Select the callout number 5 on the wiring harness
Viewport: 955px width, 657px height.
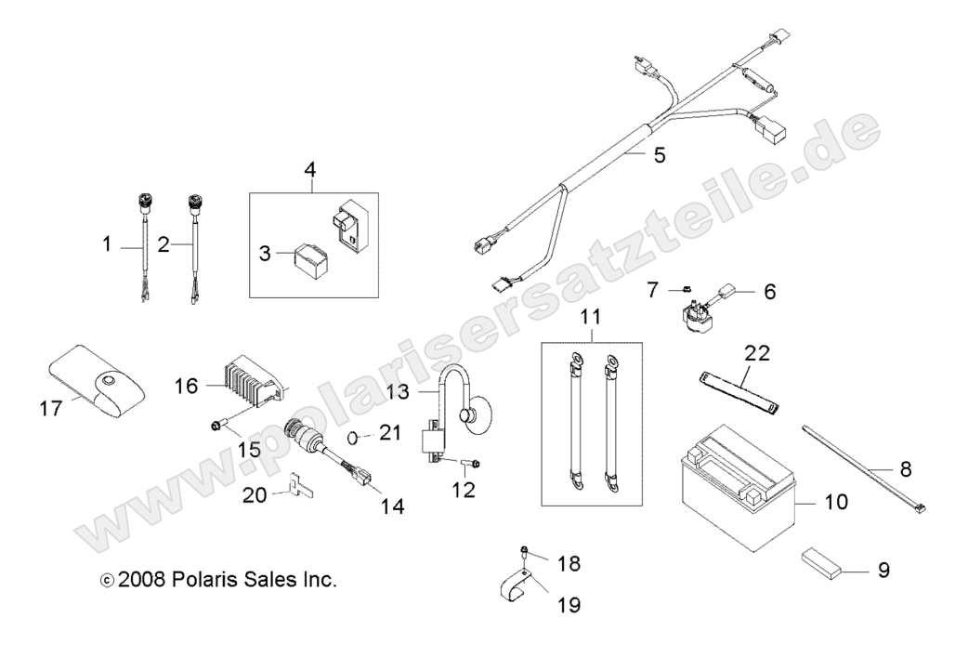click(685, 154)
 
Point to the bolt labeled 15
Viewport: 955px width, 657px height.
click(219, 426)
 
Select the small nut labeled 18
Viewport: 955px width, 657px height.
click(526, 552)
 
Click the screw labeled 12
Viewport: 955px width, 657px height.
click(470, 462)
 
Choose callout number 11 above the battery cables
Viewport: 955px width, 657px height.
click(590, 317)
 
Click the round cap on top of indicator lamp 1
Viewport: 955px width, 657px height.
click(144, 199)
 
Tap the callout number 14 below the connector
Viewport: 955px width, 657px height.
click(392, 506)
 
